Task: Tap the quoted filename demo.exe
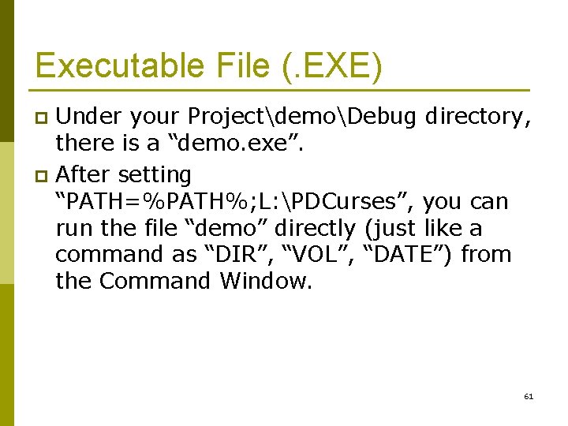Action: [249, 144]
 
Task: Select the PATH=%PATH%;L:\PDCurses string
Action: [234, 201]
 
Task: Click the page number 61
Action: [529, 396]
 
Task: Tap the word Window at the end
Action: [267, 282]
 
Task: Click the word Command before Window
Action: [158, 282]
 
